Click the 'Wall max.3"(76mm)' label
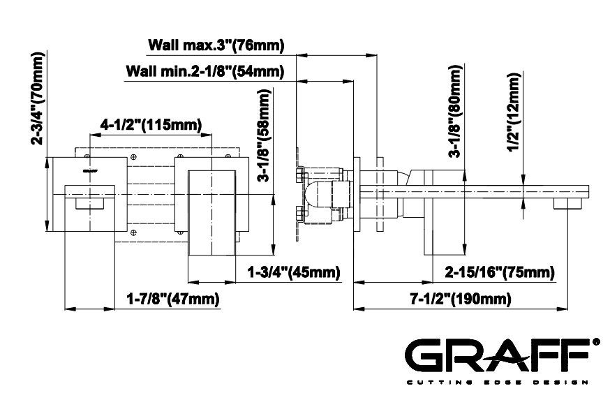216,45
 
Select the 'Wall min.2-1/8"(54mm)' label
205,71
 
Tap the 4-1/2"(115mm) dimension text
151,125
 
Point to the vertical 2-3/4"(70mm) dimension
38,98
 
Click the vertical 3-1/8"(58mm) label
263,135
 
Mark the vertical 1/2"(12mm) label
514,113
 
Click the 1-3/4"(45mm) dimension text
294,272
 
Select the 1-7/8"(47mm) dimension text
173,299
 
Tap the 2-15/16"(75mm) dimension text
500,272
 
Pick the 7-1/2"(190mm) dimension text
461,299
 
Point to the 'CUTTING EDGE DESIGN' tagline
497,383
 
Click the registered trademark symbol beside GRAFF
595,342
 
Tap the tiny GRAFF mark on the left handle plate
90,170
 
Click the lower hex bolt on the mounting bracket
299,214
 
